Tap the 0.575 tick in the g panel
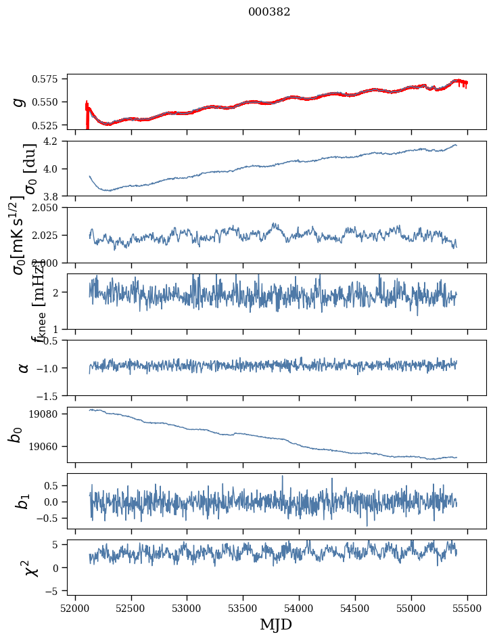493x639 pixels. [x=49, y=79]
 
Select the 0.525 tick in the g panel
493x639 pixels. [x=49, y=125]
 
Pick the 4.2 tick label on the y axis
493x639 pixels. [x=55, y=141]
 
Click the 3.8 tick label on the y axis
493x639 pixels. [x=55, y=196]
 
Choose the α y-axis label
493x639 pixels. [x=23, y=368]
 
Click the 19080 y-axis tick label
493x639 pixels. [x=47, y=414]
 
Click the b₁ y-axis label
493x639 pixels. [x=22, y=501]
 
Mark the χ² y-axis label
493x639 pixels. [x=30, y=567]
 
